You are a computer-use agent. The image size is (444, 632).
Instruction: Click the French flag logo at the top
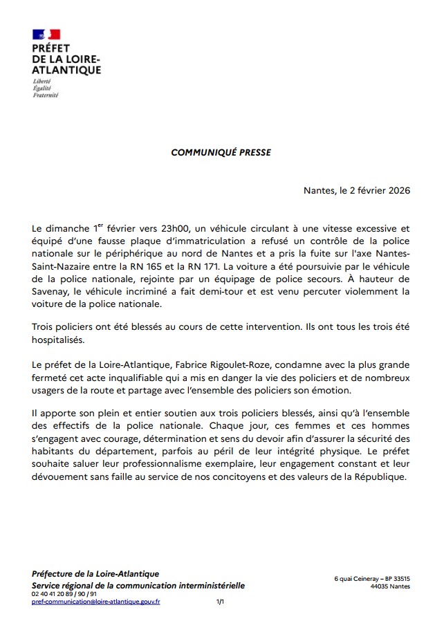click(x=46, y=34)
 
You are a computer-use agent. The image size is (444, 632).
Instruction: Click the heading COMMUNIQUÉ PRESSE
click(x=221, y=153)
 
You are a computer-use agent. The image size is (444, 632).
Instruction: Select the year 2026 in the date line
click(x=396, y=190)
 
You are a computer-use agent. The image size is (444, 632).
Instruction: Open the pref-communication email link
click(x=96, y=602)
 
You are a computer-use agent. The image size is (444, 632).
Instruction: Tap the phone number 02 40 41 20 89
click(x=55, y=594)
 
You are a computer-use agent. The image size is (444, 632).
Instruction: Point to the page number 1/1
click(x=220, y=602)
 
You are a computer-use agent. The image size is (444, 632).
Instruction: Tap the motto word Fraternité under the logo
click(x=46, y=95)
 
